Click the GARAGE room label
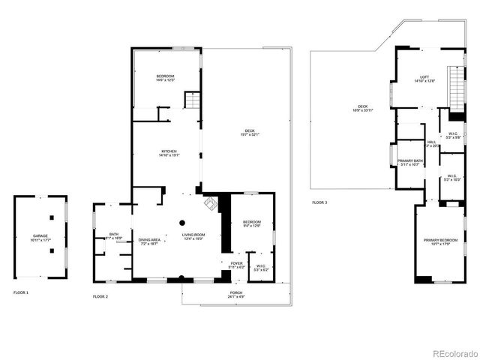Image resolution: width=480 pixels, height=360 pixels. point(40,235)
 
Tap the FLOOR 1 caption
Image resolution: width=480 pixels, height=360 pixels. point(21,292)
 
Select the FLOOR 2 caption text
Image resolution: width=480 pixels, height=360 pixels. point(100,297)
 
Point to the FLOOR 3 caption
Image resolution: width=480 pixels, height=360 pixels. point(320,202)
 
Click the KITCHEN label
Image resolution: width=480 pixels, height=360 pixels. point(168,151)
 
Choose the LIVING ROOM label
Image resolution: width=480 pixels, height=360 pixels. point(193,235)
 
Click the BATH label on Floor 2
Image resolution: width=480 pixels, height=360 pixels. point(114,235)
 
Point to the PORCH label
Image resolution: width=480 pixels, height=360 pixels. point(235,293)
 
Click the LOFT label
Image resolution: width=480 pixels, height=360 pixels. point(424,76)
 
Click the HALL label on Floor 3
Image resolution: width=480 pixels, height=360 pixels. point(432,142)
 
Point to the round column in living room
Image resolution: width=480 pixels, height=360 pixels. point(181,222)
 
